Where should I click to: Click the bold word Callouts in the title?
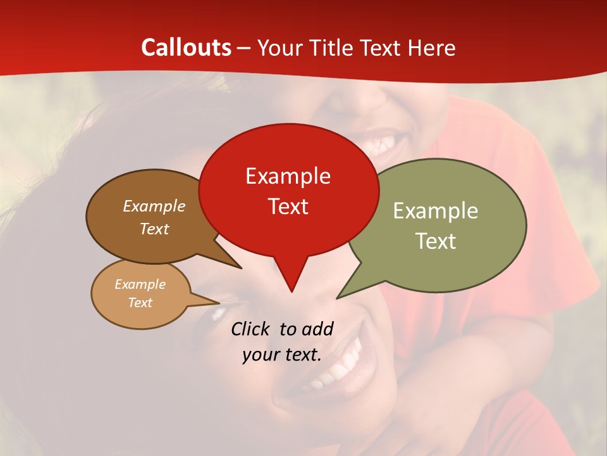pos(186,47)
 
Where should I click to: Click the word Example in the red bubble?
pos(288,176)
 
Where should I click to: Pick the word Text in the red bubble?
pos(288,206)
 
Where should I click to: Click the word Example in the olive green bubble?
pos(436,211)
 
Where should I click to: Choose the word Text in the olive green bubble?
pos(436,241)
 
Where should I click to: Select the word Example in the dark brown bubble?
pos(154,206)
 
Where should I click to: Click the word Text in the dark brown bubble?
pos(154,229)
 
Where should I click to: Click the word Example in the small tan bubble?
pos(140,284)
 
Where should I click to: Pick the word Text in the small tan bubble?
pos(140,303)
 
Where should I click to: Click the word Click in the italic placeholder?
pos(251,329)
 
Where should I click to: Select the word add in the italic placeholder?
pos(317,329)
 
